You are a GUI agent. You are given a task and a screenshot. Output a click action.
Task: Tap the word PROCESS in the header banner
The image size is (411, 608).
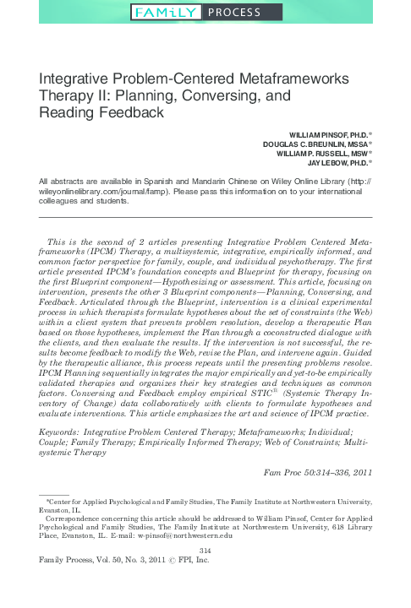pos(234,12)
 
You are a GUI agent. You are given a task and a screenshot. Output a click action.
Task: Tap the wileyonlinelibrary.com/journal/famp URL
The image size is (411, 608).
pos(95,192)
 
